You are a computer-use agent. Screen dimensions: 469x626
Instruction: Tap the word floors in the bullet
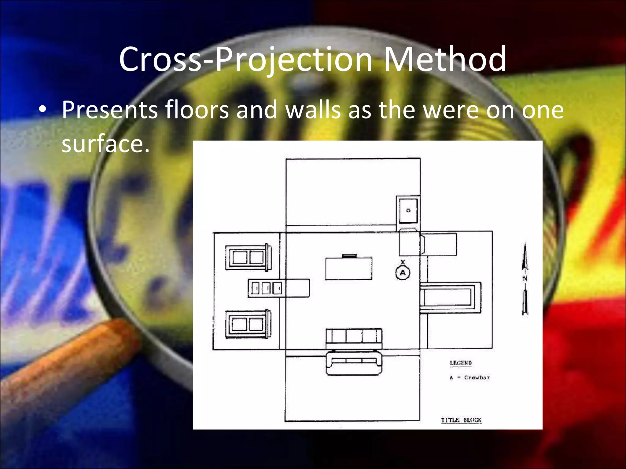tap(197, 110)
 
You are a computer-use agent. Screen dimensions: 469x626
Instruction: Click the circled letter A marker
tap(403, 273)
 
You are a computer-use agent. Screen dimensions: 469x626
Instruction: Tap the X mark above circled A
tap(403, 262)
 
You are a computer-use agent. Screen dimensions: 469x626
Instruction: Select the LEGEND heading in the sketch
tap(461, 363)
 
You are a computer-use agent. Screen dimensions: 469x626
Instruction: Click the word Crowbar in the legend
tap(477, 378)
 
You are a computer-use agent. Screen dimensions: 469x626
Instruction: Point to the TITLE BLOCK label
tap(461, 420)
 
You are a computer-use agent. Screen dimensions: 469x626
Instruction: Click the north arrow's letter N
tap(525, 278)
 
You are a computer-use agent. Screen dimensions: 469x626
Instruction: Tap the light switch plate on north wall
tap(408, 210)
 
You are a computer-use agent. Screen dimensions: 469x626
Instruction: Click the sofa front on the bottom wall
tap(354, 363)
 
